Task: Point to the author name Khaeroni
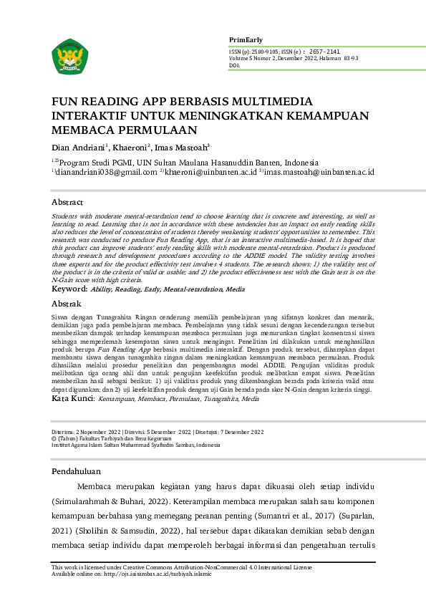point(130,147)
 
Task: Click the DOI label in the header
point(234,65)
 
